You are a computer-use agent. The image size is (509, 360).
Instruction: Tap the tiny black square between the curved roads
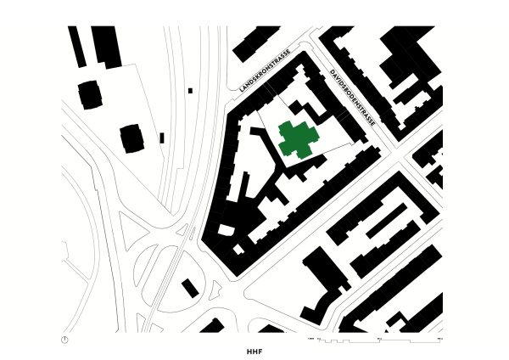pyautogui.click(x=190, y=90)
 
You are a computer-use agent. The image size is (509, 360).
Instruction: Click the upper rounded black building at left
pyautogui.click(x=90, y=93)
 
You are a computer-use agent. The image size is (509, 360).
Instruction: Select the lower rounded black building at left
pyautogui.click(x=132, y=138)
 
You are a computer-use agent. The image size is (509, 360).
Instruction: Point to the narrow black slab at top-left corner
pyautogui.click(x=76, y=46)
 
